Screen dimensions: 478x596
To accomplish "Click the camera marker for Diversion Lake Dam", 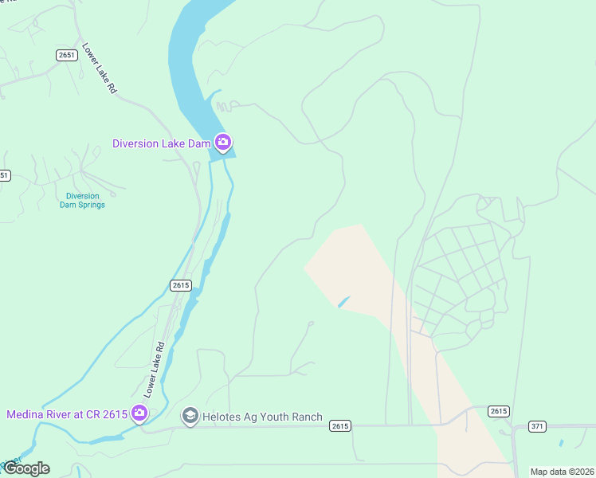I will (223, 143).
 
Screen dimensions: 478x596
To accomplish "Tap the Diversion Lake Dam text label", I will (161, 144).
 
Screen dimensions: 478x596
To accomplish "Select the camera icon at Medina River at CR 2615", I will (139, 413).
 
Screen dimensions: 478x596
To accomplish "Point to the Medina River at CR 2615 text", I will (67, 414).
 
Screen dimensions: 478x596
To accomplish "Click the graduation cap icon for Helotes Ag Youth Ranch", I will (190, 416).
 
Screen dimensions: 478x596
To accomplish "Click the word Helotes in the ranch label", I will (221, 417).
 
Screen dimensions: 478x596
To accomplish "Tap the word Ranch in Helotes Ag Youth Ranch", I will (307, 417).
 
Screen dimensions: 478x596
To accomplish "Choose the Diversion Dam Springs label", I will (82, 200).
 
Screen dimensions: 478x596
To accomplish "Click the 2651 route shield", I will (67, 54).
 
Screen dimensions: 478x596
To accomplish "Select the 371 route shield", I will (537, 426).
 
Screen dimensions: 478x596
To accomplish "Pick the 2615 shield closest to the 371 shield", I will (498, 411).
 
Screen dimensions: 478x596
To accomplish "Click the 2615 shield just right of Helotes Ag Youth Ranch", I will (339, 426).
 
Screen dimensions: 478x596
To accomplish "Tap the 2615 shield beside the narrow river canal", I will (180, 285).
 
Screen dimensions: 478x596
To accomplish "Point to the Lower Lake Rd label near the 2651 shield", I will (100, 69).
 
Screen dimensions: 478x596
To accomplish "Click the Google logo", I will (26, 468).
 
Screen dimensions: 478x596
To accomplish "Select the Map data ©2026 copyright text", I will (562, 472).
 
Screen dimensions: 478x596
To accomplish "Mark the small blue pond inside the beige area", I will (343, 302).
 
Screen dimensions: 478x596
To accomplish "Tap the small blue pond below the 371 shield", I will (562, 442).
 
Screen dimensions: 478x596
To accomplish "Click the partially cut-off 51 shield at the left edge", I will (4, 175).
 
